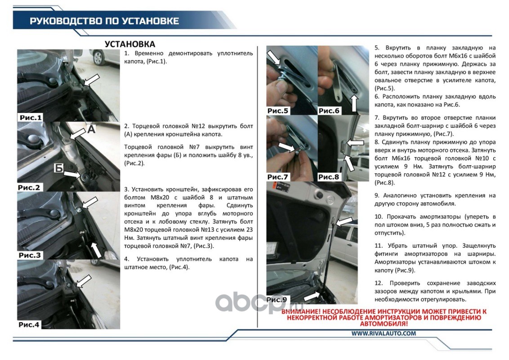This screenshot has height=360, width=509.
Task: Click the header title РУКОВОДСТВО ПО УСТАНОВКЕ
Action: tap(104, 21)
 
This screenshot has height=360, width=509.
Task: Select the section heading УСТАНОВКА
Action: tap(130, 44)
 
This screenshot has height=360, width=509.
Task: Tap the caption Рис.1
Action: tap(31, 117)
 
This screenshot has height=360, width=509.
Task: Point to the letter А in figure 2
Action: tap(91, 129)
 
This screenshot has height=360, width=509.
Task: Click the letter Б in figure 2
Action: tap(58, 168)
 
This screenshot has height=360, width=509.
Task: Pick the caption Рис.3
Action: tap(30, 256)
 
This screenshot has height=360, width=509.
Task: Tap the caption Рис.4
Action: tap(29, 324)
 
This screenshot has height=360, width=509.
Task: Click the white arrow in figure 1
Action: tap(91, 80)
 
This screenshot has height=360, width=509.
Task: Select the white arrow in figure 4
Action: tap(84, 281)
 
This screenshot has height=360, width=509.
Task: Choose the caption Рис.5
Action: tap(278, 111)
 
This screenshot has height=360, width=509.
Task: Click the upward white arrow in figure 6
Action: tap(354, 103)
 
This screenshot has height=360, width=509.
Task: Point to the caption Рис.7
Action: tap(278, 177)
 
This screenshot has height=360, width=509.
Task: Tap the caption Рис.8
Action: tap(329, 177)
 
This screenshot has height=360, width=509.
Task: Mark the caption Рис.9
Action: tap(277, 300)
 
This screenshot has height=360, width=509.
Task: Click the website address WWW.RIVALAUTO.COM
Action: tap(384, 333)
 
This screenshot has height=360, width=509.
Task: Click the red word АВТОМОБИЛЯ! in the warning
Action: tap(384, 324)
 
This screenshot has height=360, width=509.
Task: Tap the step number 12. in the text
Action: tap(379, 283)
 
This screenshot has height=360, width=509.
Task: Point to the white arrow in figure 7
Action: tap(287, 148)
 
